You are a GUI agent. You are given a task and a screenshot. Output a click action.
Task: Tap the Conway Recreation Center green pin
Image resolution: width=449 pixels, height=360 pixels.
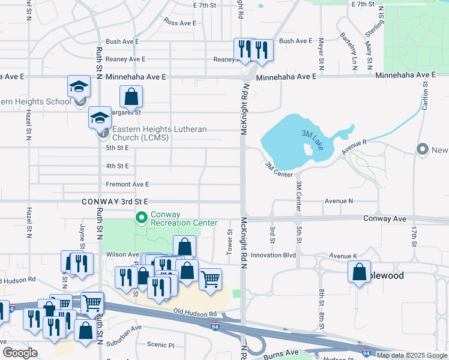[x=142, y=218]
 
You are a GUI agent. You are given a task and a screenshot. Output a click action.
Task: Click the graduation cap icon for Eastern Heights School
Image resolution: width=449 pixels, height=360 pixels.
[x=79, y=88]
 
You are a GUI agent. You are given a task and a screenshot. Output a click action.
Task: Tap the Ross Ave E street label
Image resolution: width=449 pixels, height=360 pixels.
[x=180, y=23]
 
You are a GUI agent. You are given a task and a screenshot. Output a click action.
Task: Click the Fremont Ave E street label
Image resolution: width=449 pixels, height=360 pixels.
[x=127, y=184]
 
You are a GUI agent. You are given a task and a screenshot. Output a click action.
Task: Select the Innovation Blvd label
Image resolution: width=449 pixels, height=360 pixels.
[x=273, y=255]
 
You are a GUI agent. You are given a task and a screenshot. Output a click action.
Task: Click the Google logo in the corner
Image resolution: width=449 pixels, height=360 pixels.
[x=20, y=353]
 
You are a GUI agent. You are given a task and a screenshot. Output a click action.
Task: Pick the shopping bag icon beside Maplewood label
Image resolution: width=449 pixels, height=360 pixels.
[x=359, y=271]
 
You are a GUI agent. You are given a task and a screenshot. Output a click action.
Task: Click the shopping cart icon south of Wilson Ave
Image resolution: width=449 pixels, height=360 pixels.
[x=210, y=279]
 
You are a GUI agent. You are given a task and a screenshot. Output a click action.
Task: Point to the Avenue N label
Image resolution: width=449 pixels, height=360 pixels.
[x=339, y=201]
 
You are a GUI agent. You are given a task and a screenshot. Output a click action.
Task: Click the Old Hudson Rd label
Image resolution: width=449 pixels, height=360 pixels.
[x=195, y=314]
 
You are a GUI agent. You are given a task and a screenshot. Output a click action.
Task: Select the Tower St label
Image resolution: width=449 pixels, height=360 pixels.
[x=229, y=241]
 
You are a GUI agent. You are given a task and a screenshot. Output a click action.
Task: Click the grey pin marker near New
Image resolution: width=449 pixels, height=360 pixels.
[x=423, y=149]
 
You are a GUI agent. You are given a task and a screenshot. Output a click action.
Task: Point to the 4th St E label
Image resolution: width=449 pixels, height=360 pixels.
[x=117, y=166]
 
